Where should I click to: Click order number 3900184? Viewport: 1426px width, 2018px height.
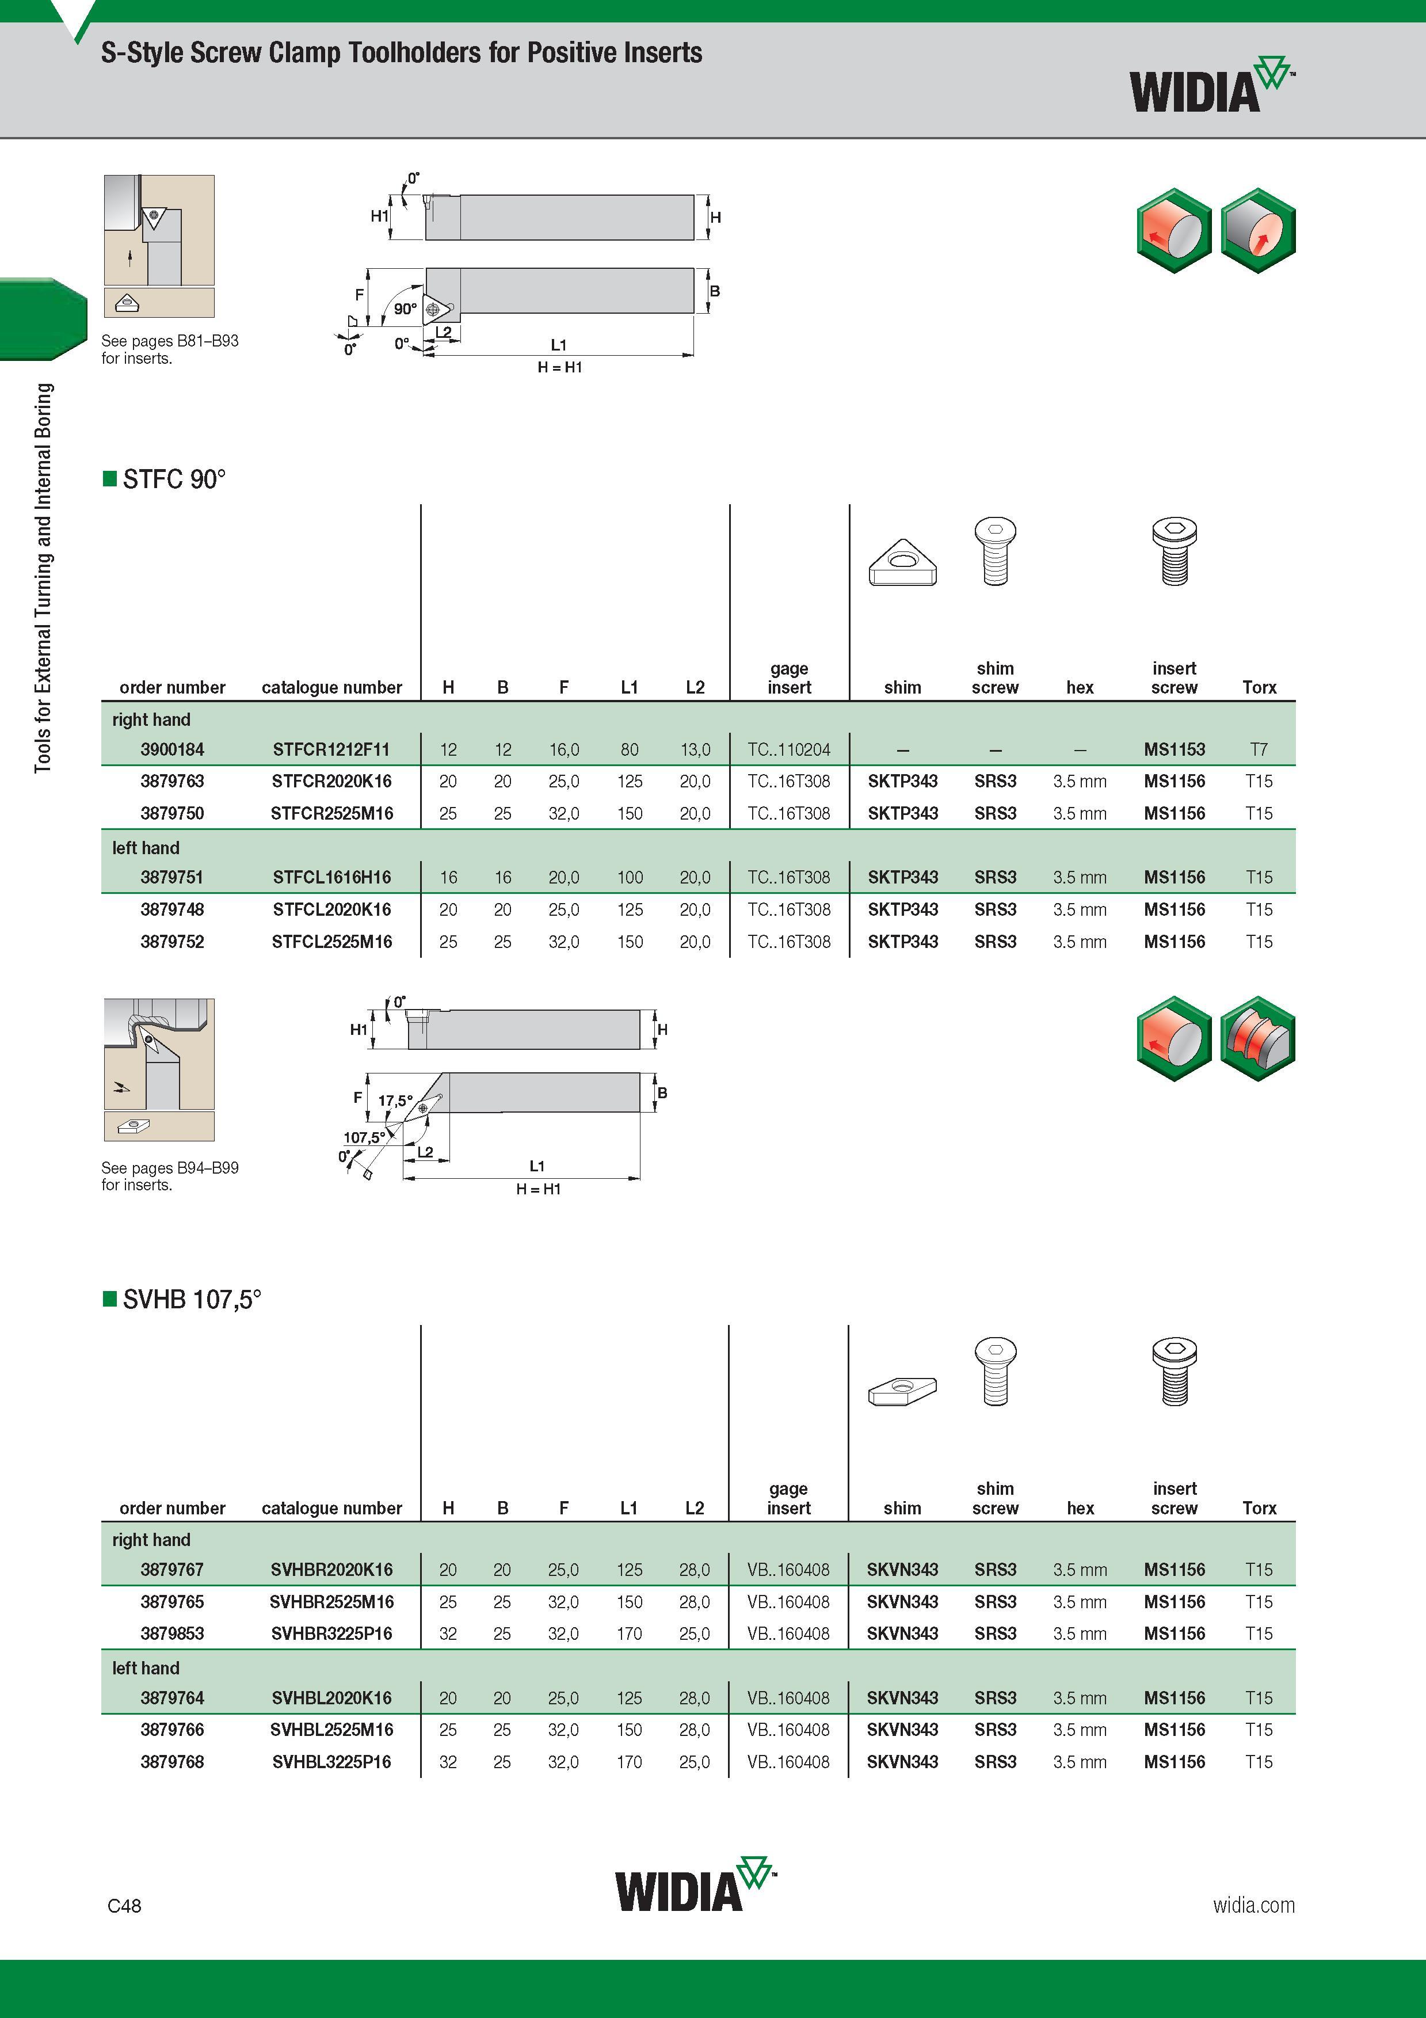[x=172, y=750]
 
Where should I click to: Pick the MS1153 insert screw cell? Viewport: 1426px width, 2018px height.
[x=1174, y=750]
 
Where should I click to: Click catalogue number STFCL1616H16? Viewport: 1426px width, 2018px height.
[x=331, y=877]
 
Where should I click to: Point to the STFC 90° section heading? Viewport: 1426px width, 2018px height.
[x=165, y=479]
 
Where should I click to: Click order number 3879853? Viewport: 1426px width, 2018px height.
[x=172, y=1634]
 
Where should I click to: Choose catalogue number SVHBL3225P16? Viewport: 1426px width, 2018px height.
[x=331, y=1762]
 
